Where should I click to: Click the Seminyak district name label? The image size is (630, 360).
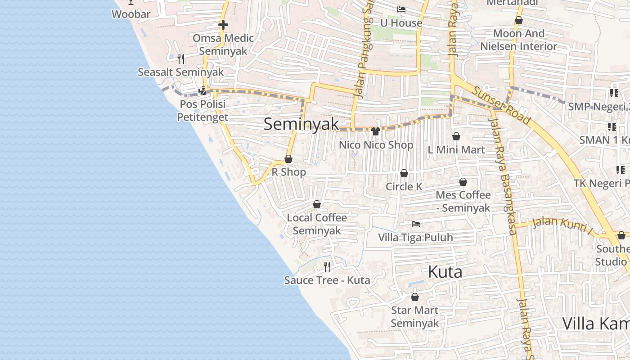(x=301, y=124)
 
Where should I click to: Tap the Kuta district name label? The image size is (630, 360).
(x=445, y=272)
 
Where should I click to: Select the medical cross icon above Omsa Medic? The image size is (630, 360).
(x=223, y=25)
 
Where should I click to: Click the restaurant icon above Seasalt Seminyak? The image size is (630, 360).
(x=181, y=59)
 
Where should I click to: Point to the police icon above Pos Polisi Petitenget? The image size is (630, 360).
(x=202, y=91)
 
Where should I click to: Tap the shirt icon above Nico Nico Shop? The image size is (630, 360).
(x=376, y=131)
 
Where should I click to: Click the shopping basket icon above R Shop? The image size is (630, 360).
(x=288, y=159)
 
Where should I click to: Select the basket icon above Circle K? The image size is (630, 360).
(x=404, y=173)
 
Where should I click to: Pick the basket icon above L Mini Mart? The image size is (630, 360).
(x=456, y=136)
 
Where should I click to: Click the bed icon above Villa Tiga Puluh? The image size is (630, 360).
(x=416, y=224)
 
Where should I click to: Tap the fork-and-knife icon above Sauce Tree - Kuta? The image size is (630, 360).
(x=327, y=267)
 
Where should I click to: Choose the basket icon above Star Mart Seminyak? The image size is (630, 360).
(x=415, y=297)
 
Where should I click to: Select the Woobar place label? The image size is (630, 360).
(x=131, y=14)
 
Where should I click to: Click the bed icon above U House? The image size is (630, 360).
(x=401, y=9)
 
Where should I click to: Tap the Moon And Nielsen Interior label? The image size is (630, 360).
(x=519, y=40)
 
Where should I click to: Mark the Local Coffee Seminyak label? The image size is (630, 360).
(x=317, y=224)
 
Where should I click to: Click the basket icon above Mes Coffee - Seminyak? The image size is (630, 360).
(x=463, y=182)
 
